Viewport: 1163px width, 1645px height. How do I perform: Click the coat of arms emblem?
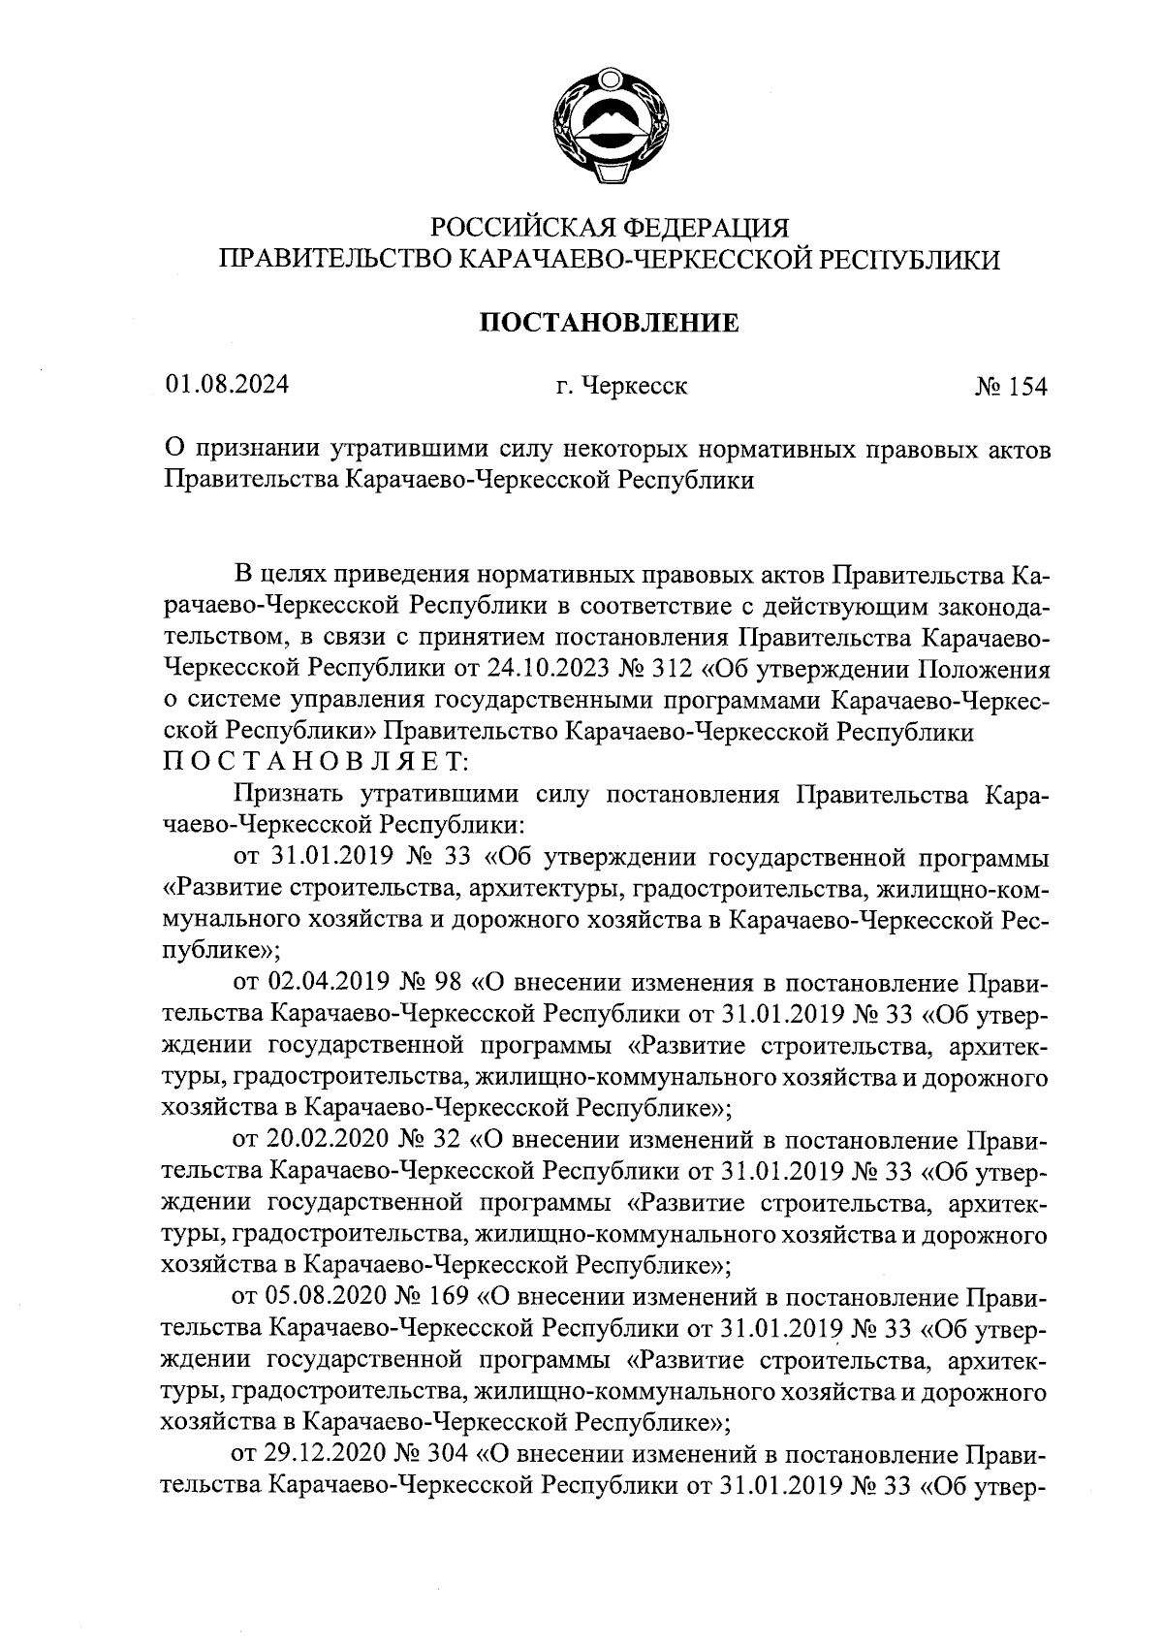[x=610, y=123]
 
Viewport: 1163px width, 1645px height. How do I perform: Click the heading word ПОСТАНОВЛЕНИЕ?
[x=610, y=322]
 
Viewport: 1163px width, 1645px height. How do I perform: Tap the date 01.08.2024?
[x=228, y=386]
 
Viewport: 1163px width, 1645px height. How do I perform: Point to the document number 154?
[x=1027, y=387]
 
